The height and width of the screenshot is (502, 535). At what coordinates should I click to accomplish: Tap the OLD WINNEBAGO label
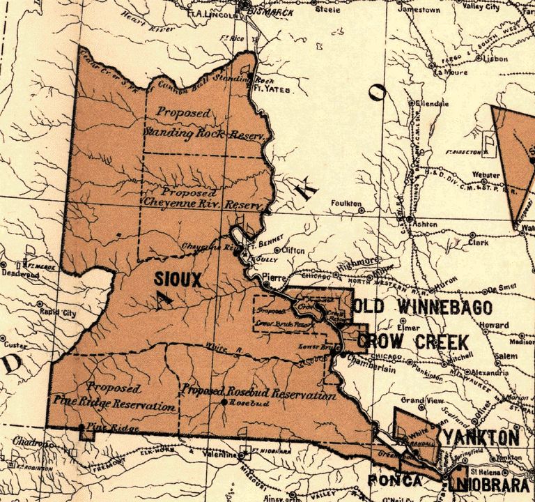(423, 307)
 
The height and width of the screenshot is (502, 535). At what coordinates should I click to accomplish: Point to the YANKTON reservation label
(481, 438)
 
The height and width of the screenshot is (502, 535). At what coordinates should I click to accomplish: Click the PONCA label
(394, 480)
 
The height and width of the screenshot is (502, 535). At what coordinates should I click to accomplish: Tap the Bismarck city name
(265, 12)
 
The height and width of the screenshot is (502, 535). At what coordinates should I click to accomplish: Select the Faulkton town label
(346, 204)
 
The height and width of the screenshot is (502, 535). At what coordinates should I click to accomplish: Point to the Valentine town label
(223, 454)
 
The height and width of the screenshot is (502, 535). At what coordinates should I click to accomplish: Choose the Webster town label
(486, 174)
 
